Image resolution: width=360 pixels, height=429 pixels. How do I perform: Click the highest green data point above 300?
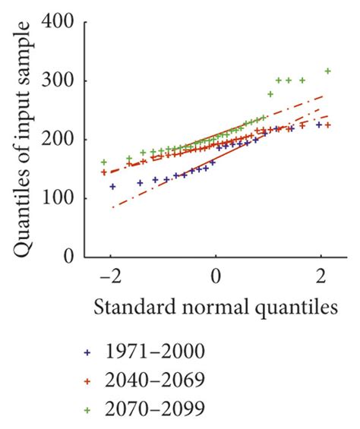(328, 71)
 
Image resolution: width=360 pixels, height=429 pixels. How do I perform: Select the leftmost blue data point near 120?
(112, 186)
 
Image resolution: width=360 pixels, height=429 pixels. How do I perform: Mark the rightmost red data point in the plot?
(328, 125)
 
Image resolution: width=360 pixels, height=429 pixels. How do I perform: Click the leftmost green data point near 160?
(104, 162)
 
